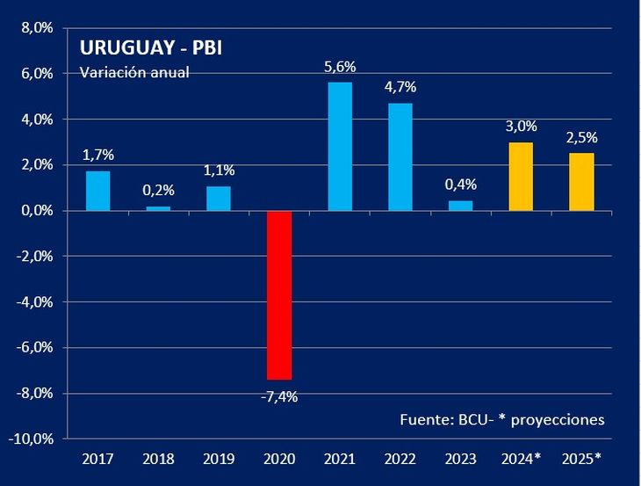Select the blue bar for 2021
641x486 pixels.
pyautogui.click(x=340, y=147)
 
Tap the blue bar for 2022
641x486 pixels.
pyautogui.click(x=400, y=157)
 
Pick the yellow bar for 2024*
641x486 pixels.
pyautogui.click(x=521, y=177)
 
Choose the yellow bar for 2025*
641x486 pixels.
pyautogui.click(x=581, y=182)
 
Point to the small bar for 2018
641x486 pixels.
pyautogui.click(x=158, y=208)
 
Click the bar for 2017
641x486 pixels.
pyautogui.click(x=97, y=191)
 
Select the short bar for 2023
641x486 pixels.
pyautogui.click(x=460, y=206)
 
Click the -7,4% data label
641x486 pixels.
pyautogui.click(x=279, y=397)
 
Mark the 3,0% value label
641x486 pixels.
pyautogui.click(x=521, y=126)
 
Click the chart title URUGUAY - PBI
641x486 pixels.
pyautogui.click(x=150, y=47)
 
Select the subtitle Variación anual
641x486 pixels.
pyautogui.click(x=134, y=72)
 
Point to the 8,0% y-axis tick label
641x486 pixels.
pyautogui.click(x=37, y=28)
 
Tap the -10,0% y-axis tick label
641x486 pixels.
pyautogui.click(x=32, y=439)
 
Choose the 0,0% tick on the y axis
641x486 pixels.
pyautogui.click(x=37, y=211)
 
